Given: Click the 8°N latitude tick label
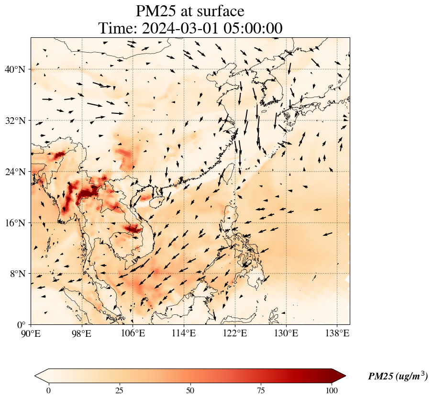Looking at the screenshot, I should [x=18, y=274].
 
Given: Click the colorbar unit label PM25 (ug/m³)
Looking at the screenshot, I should [x=398, y=377].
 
